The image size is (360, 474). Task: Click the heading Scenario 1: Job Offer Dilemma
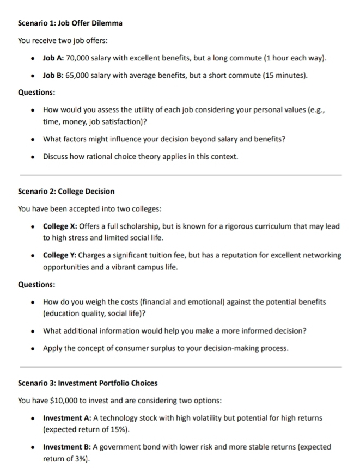click(70, 23)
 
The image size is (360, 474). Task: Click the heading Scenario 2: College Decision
click(66, 191)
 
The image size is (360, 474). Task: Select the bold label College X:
click(61, 226)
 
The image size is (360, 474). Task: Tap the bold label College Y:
click(61, 255)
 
